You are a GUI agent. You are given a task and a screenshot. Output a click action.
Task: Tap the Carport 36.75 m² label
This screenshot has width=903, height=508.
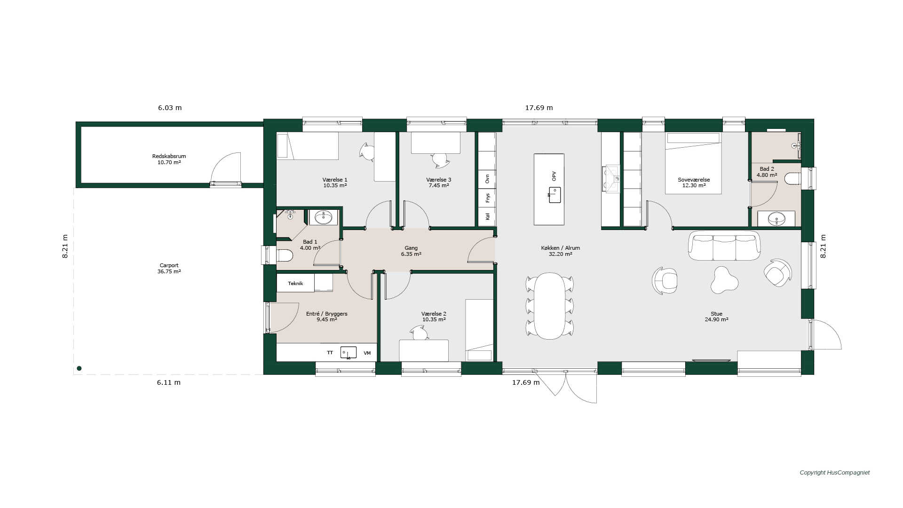169,268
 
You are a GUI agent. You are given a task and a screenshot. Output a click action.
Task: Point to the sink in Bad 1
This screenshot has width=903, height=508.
323,217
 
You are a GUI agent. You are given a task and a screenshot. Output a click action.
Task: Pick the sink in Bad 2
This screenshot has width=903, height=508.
776,219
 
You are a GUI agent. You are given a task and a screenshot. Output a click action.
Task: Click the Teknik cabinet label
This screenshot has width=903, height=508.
295,283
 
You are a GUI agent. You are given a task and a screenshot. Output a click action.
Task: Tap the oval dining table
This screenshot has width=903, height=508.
549,306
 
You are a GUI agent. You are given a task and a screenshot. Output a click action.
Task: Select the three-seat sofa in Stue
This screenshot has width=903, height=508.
724,246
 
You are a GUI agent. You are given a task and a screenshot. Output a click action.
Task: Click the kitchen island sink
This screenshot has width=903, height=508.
554,195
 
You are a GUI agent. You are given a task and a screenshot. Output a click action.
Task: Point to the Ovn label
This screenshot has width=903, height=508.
487,179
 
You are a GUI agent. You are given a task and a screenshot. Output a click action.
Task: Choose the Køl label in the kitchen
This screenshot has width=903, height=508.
487,216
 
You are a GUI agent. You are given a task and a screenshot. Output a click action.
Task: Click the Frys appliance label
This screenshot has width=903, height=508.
487,198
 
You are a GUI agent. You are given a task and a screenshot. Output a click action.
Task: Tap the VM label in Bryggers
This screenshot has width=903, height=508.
367,353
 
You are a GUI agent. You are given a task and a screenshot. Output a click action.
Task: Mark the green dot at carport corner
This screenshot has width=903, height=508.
79,368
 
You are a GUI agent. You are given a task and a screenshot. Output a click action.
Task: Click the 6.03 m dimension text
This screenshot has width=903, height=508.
170,108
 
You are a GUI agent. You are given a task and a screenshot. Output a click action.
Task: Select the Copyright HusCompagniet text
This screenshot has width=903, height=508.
835,473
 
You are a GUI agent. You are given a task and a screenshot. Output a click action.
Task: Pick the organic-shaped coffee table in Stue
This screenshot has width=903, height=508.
723,280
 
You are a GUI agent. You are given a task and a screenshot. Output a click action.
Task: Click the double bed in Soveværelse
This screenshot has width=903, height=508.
693,163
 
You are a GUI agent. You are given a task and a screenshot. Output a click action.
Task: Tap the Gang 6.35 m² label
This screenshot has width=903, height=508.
411,251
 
